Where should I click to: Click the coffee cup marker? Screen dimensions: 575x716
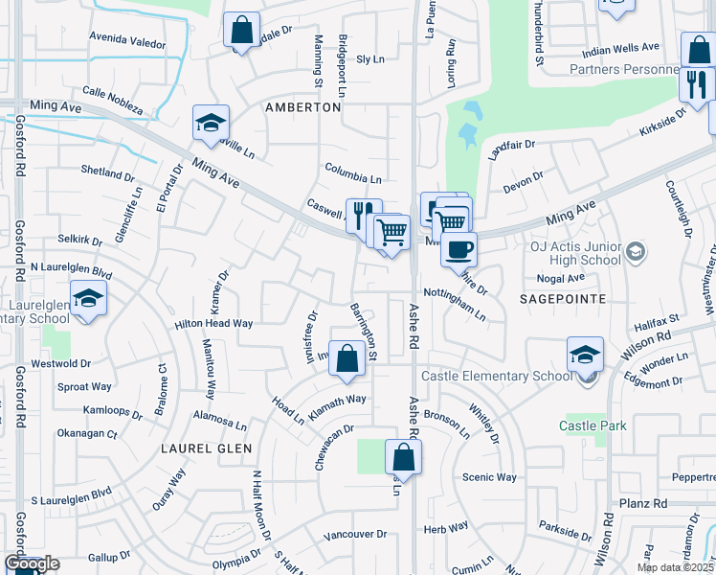459,249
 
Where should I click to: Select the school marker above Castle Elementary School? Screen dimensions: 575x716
585,355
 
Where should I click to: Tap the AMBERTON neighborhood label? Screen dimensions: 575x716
302,107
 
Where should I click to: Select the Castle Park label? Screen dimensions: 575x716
593,424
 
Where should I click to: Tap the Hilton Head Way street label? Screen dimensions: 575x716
213,324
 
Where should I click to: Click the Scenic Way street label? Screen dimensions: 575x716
489,477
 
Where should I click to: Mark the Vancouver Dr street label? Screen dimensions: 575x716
354,534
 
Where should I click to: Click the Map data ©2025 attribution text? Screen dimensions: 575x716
675,567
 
